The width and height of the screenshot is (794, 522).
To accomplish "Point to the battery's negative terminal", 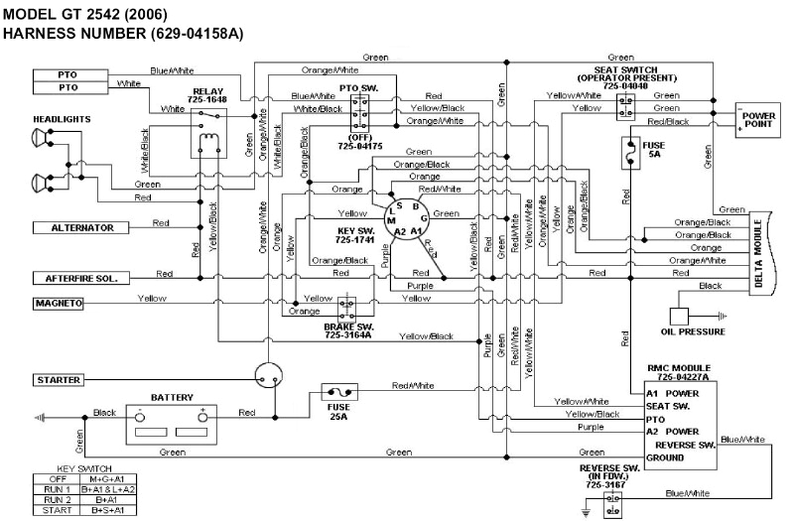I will coord(140,416).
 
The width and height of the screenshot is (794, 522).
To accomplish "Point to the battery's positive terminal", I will coord(202,416).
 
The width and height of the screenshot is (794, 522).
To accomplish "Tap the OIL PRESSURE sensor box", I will coord(680,315).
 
